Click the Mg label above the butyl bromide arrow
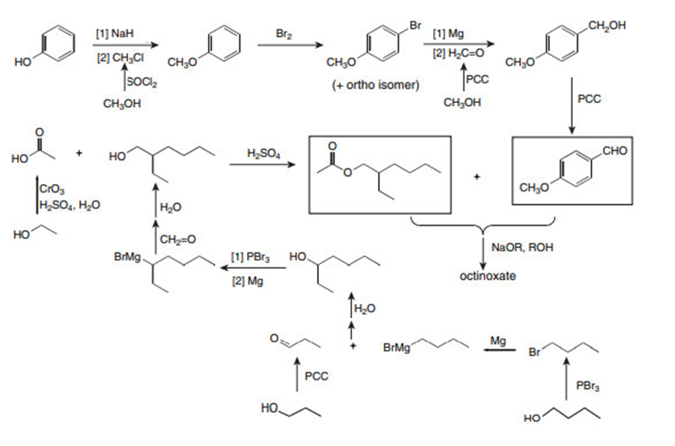coord(498,340)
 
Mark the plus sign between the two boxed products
coord(477,177)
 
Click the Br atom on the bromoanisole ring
coord(416,26)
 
